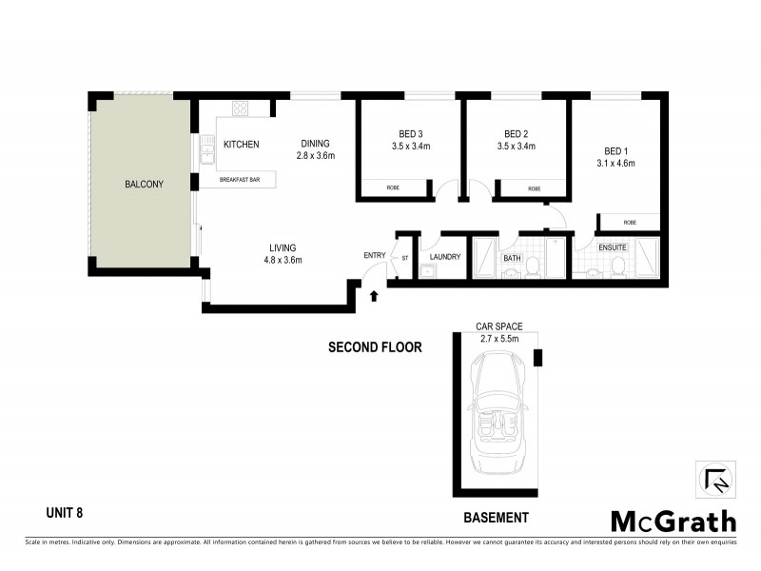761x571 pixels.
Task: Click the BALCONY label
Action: pos(145,185)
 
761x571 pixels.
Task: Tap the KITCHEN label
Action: pos(241,145)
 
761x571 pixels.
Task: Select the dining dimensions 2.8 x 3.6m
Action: pos(316,156)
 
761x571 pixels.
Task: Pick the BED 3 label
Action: pos(411,133)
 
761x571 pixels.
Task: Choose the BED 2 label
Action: pos(517,133)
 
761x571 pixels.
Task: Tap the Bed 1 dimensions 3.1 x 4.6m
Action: pos(615,164)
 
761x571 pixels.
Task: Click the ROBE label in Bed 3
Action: pos(393,188)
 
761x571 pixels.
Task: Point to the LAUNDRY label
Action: pos(445,257)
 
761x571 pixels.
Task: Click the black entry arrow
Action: pos(373,296)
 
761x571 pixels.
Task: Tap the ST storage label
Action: pos(405,258)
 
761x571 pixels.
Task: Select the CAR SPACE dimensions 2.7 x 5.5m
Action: pos(499,338)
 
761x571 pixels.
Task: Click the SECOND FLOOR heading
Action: pos(375,347)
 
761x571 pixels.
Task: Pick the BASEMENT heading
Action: pos(496,518)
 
